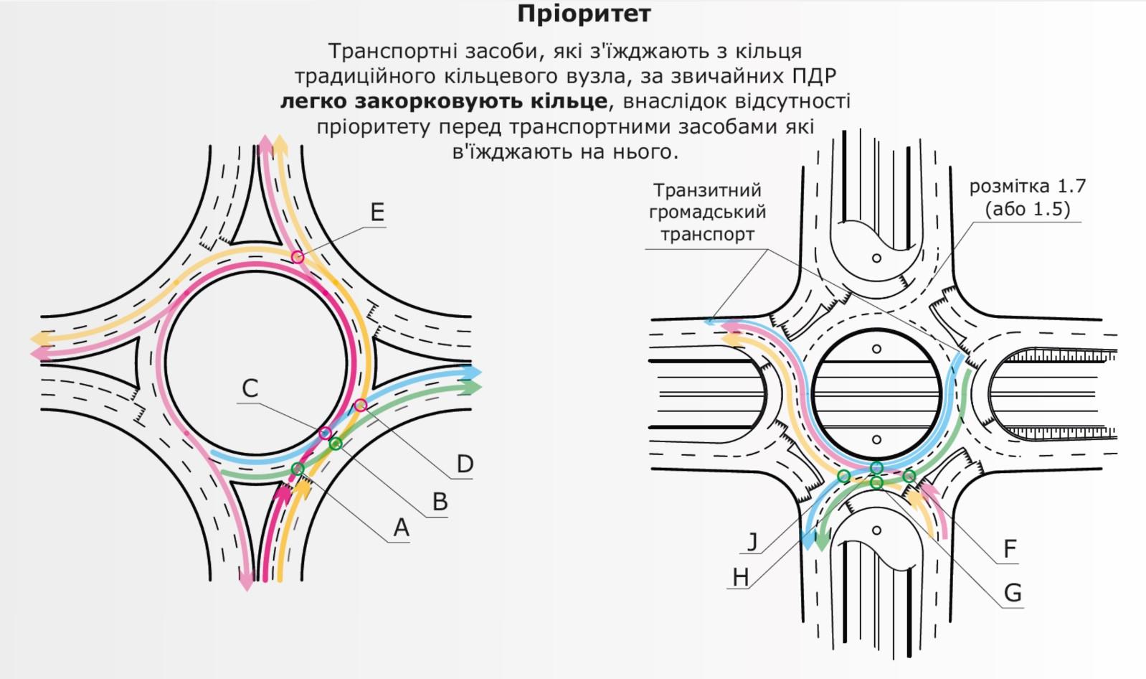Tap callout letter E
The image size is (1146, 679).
(377, 212)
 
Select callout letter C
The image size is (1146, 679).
(250, 388)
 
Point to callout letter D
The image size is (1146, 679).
(465, 464)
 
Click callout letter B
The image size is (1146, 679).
(440, 502)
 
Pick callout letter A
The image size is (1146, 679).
(401, 527)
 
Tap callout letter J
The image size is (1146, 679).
(752, 541)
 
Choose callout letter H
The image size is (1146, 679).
(740, 578)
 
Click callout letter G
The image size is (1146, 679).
(1013, 594)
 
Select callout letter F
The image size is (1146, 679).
(1010, 549)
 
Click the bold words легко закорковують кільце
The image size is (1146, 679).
(444, 101)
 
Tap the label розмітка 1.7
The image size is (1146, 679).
(1027, 187)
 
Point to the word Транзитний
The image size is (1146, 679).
(708, 190)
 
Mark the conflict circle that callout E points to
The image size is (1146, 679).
(297, 256)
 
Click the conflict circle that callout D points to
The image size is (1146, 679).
(361, 405)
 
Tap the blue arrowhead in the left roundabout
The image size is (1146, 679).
(473, 373)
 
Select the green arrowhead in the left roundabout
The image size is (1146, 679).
(473, 387)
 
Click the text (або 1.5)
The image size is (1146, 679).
(1028, 210)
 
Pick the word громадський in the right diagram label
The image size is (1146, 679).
(708, 212)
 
